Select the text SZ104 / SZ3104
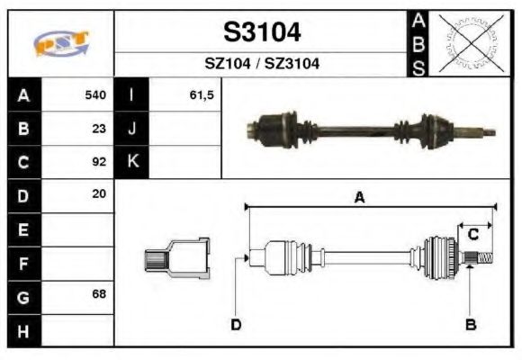261,64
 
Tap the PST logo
61,42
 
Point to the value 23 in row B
99,129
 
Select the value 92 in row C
99,162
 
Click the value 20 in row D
99,194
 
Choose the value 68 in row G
99,295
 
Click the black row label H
23,329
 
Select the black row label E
23,229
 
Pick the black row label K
132,162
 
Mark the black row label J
132,129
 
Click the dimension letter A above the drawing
359,199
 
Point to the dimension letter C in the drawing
472,235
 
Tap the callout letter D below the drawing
235,324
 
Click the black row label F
23,263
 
